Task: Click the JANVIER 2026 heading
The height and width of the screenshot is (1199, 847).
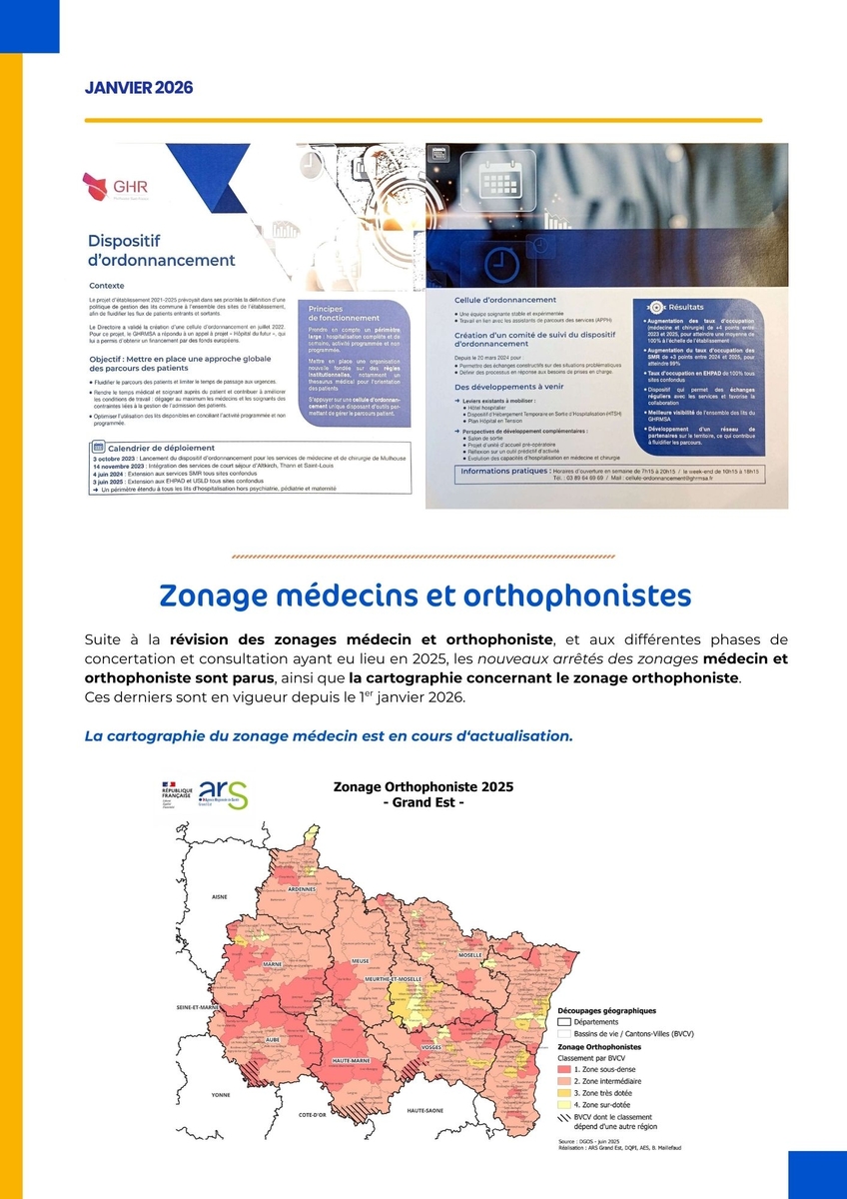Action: point(139,88)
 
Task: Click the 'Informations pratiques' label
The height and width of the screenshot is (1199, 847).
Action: point(504,471)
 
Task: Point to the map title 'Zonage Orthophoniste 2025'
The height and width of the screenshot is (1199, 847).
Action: point(423,787)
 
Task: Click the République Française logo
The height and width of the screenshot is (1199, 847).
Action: point(169,795)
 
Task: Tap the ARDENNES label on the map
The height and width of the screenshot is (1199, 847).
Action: point(302,888)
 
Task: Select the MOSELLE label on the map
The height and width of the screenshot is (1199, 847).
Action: point(469,955)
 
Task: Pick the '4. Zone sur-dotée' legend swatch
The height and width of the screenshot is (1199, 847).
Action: point(563,1105)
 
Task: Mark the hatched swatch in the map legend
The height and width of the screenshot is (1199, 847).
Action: point(563,1118)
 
